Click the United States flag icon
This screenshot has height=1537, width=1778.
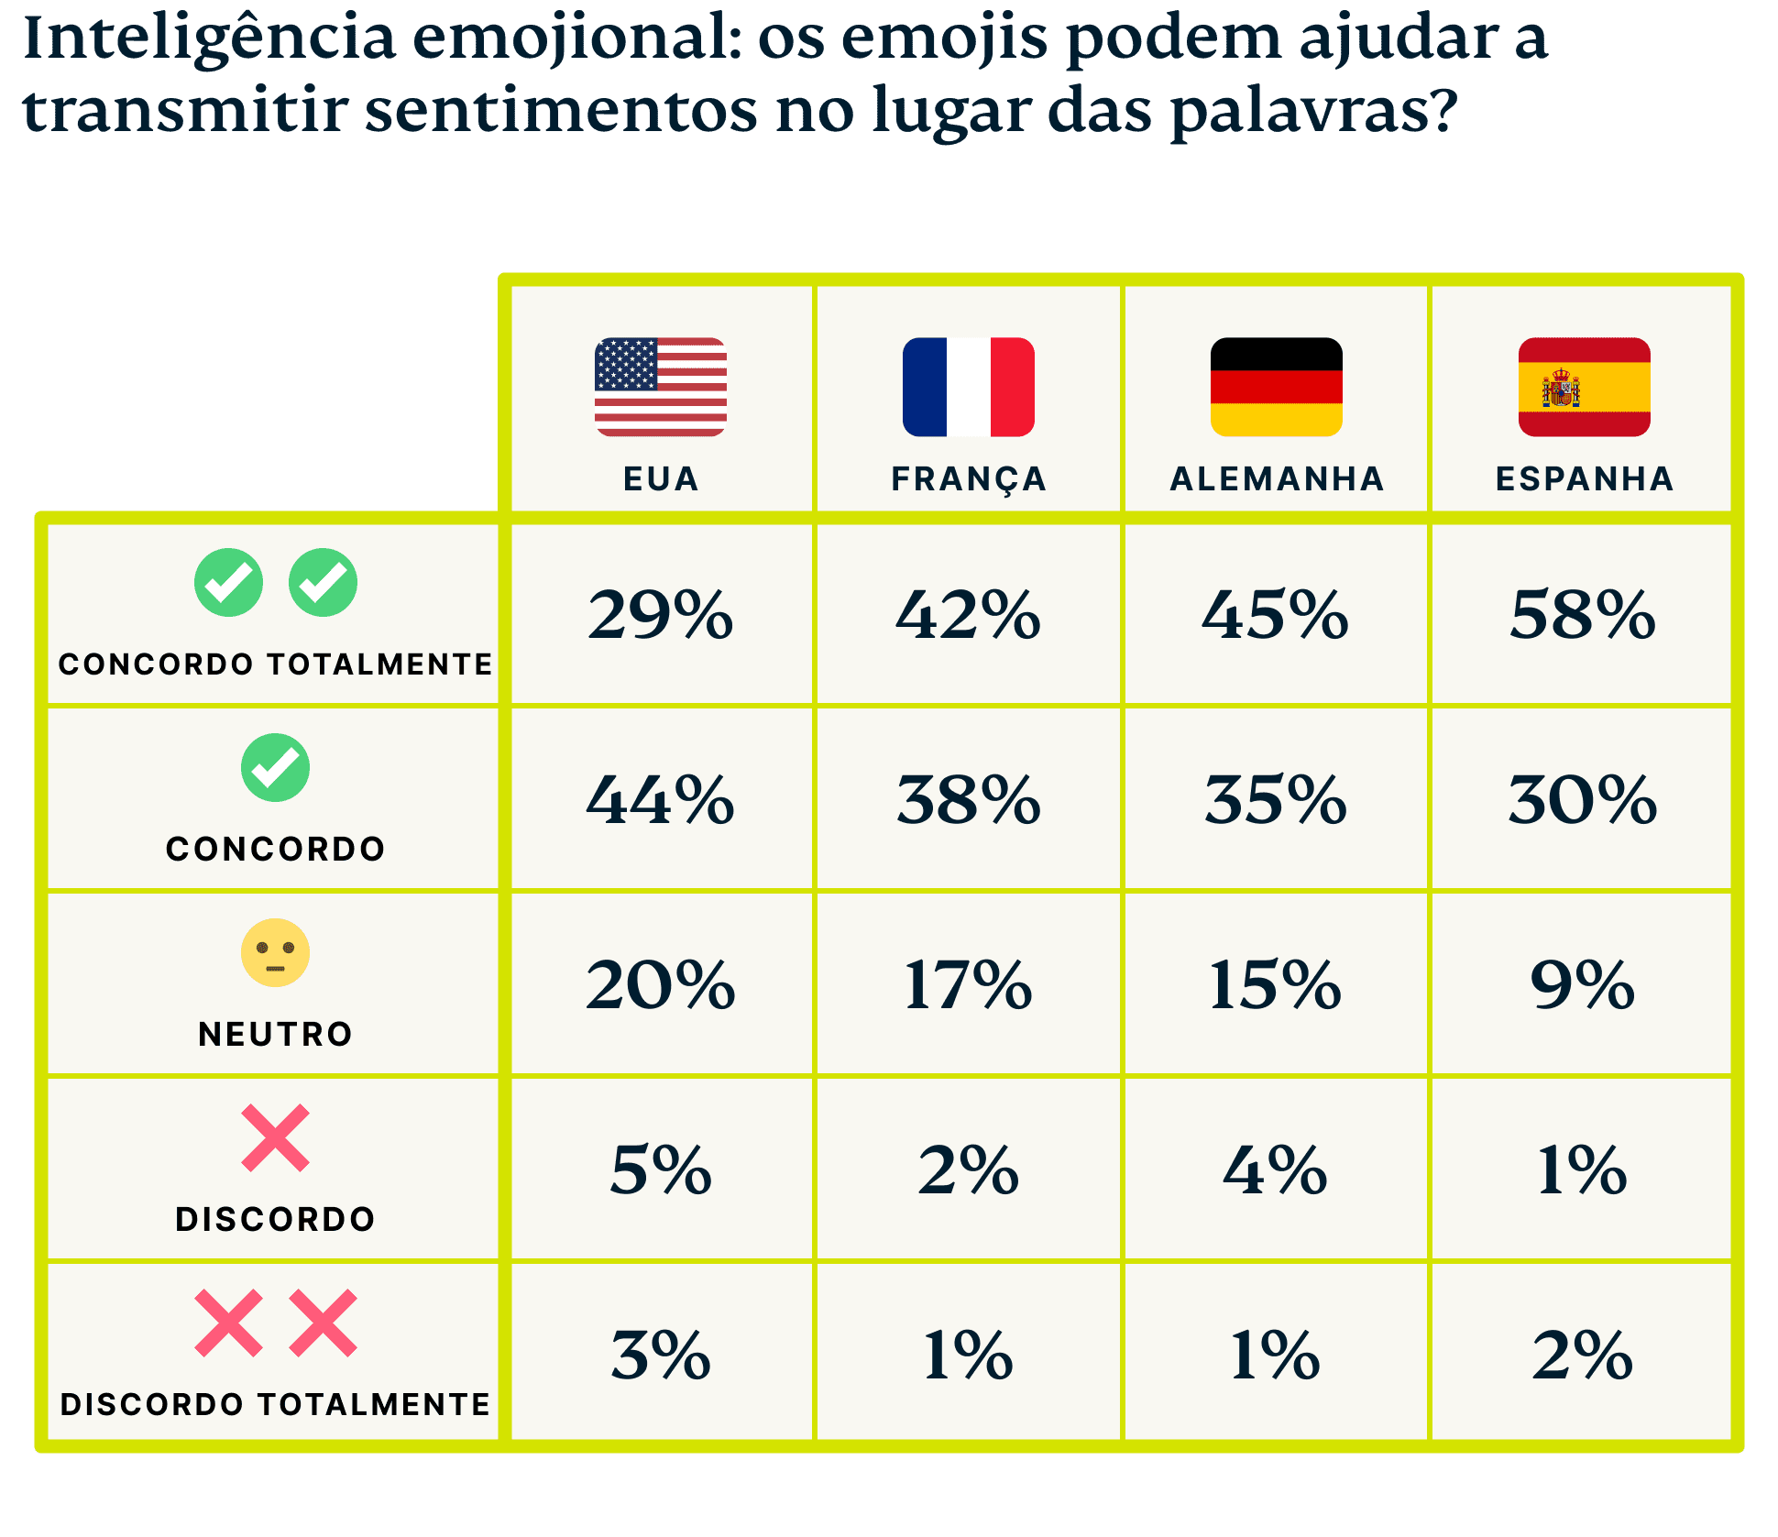[660, 387]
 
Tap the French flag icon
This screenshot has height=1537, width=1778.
[968, 387]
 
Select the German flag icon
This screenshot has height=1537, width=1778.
[1276, 387]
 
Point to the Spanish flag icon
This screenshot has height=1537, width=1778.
[1584, 387]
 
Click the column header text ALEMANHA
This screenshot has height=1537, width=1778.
[1277, 479]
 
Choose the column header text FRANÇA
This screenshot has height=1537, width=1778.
[969, 479]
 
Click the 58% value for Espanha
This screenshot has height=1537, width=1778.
[1583, 614]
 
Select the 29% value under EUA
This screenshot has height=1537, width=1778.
[660, 614]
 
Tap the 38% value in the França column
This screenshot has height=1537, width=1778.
[969, 799]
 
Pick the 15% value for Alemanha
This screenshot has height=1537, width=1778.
[1275, 985]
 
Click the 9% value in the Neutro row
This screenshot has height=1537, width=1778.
[1583, 985]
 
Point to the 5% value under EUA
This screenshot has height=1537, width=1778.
[660, 1170]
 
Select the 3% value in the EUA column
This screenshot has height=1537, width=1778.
[660, 1356]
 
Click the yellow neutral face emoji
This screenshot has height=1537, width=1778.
[275, 952]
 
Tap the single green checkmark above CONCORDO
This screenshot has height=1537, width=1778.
[275, 768]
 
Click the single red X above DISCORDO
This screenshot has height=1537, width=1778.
[275, 1138]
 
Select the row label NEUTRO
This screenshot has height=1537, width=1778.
[275, 1035]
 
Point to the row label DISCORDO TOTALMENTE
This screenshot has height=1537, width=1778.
[275, 1405]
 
